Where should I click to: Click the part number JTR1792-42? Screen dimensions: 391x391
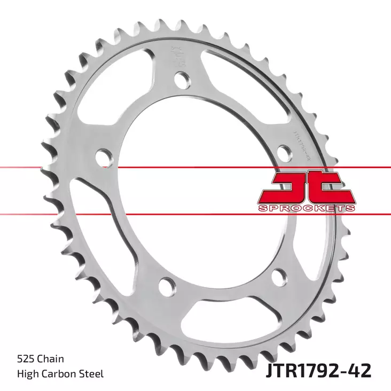(318, 370)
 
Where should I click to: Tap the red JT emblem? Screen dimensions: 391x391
(307, 187)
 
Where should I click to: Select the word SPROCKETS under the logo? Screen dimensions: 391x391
(307, 208)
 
